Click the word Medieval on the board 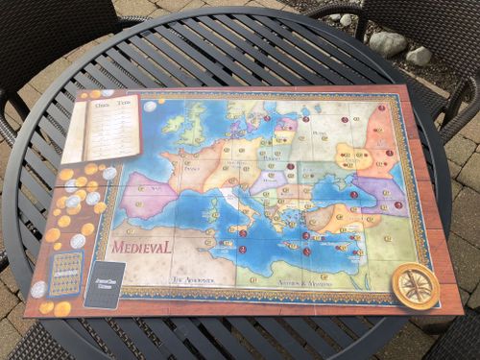(143, 247)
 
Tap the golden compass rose (415, 285)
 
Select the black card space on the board (104, 283)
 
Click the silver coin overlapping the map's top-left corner (150, 107)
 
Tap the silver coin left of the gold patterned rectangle (39, 289)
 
